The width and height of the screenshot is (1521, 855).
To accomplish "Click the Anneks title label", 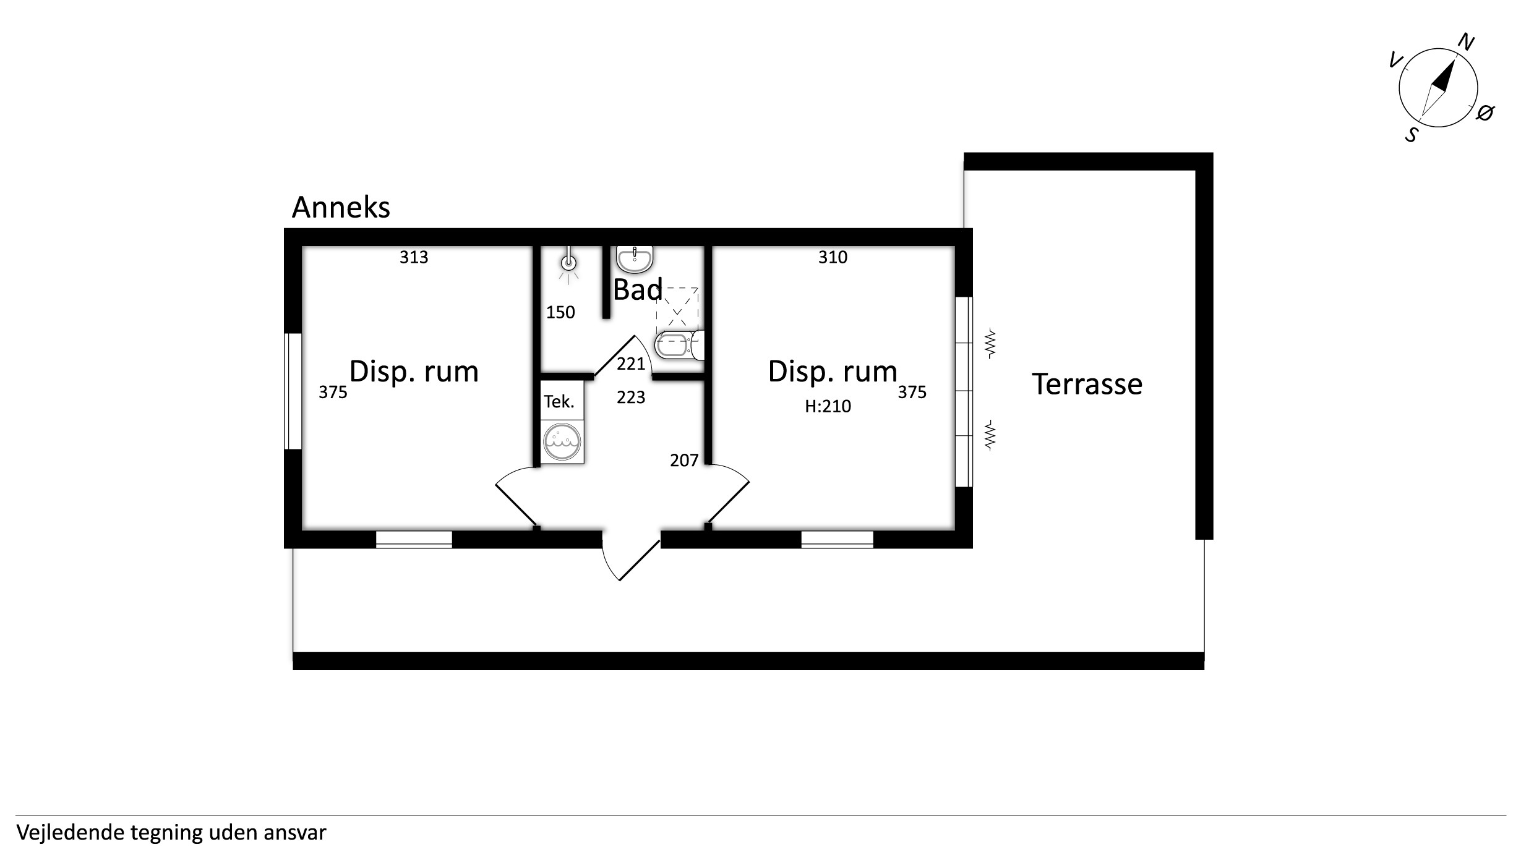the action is (341, 208).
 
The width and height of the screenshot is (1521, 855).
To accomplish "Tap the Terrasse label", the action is (1087, 384).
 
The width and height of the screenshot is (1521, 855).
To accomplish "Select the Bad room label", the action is (638, 289).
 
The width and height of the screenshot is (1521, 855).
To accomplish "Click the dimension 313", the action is (414, 257).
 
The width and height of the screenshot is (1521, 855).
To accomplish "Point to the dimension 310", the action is (833, 257).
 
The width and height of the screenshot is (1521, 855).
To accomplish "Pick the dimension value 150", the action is (560, 313).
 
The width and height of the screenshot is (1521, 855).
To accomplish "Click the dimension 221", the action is (631, 364).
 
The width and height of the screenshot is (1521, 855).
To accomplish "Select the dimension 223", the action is (631, 398).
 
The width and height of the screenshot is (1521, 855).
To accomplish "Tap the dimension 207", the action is (684, 461).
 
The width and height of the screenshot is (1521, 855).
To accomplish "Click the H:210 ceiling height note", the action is (828, 406).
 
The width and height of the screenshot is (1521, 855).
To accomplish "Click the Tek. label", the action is (559, 402).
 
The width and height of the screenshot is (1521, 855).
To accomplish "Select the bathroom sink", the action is (635, 260).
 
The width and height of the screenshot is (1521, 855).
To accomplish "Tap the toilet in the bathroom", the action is (679, 345).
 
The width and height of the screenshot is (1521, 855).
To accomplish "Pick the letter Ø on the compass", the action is (1485, 113).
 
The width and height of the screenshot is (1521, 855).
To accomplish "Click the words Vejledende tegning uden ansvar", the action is (171, 833).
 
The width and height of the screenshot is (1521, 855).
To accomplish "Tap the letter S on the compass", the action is (1412, 134).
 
